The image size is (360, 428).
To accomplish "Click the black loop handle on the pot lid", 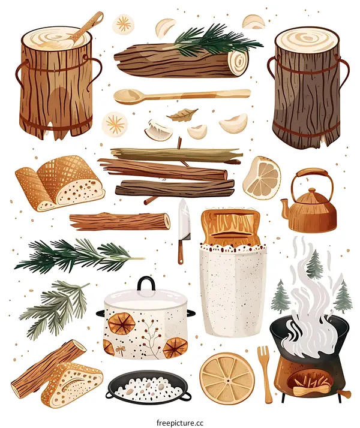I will point(146,285).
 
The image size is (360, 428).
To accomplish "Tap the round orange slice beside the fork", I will point(227,378).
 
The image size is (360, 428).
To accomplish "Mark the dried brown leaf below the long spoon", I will point(182,114).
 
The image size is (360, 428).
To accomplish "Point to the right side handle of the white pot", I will point(191,314).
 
